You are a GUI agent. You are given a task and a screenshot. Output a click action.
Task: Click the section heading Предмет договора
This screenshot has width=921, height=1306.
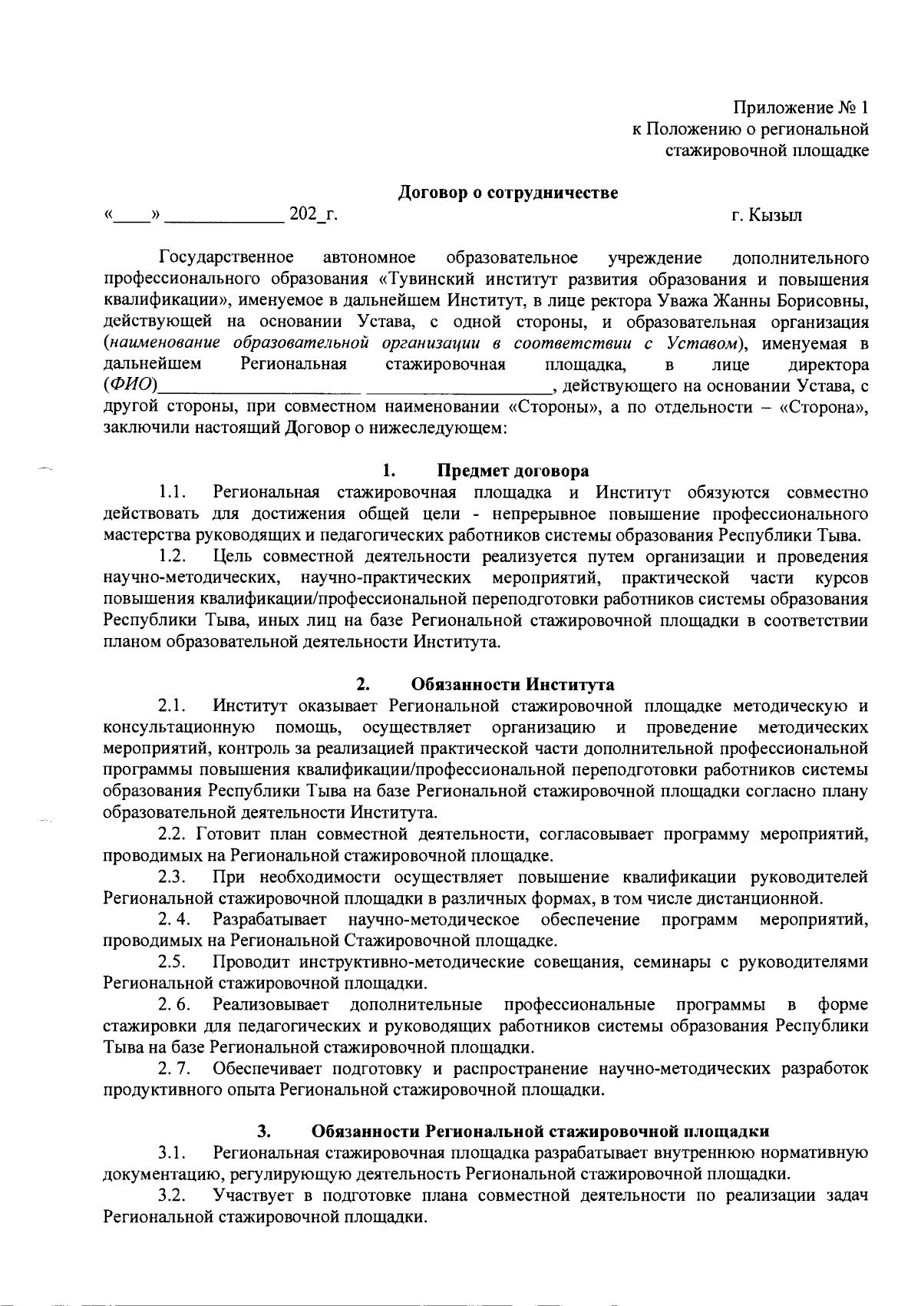coord(513,471)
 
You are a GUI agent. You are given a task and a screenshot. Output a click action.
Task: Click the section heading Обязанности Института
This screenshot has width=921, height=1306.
coord(513,684)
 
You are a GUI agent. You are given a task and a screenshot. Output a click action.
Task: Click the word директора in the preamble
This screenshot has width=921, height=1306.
coord(829,364)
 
